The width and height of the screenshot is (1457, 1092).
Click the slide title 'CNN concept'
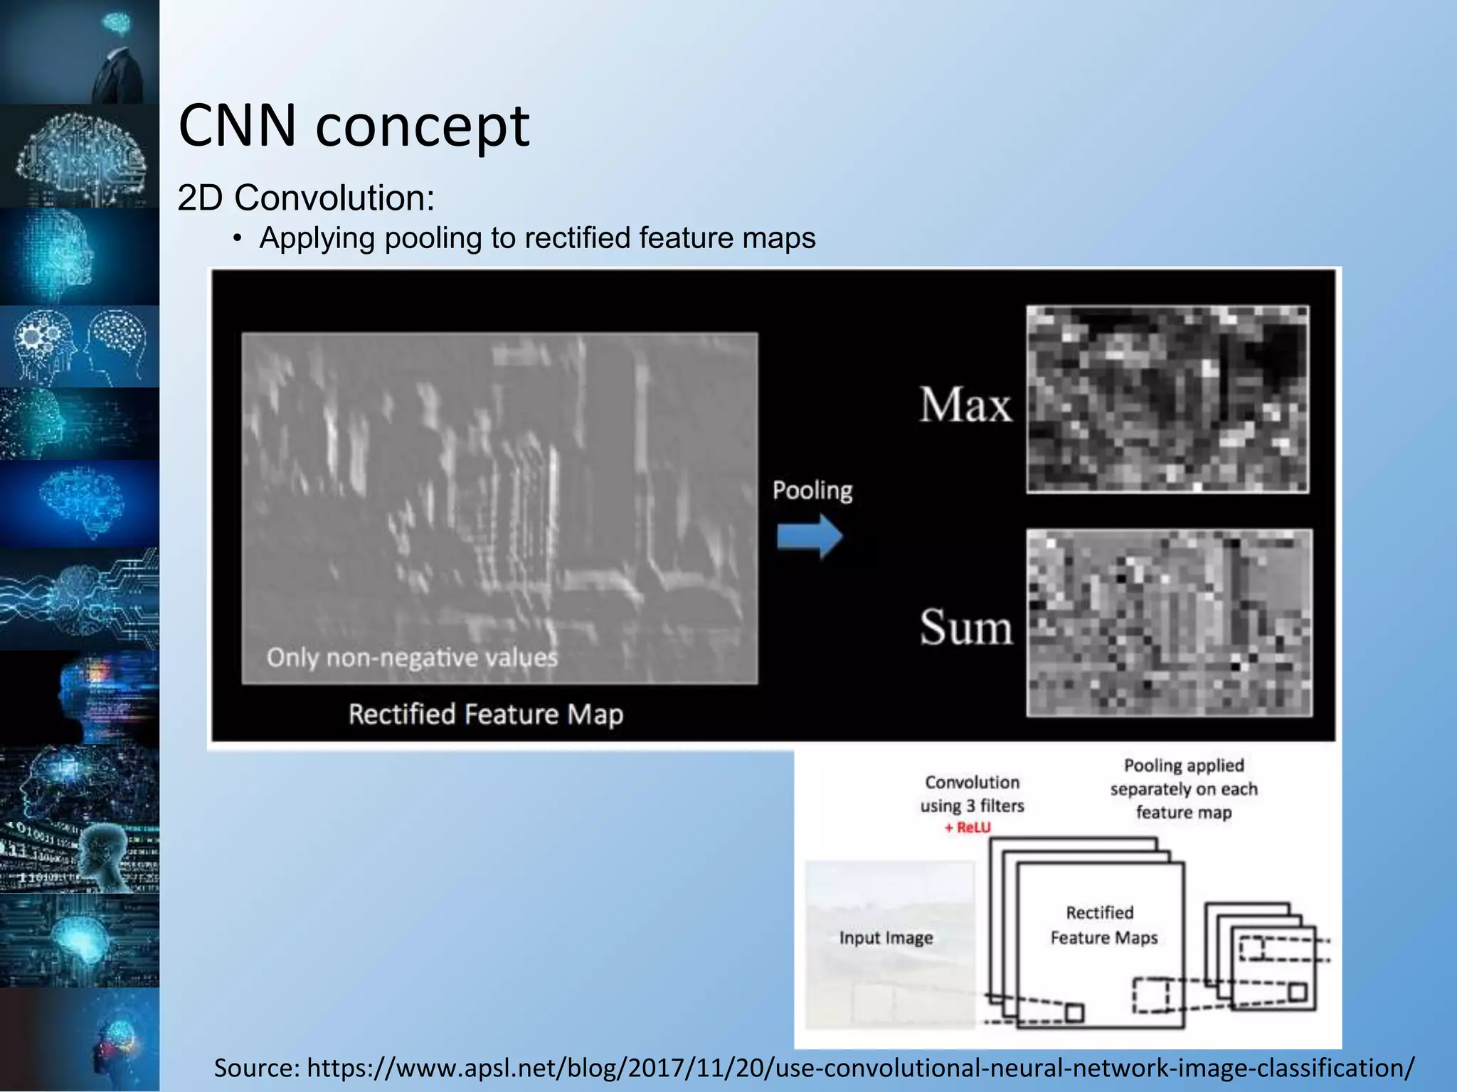point(354,127)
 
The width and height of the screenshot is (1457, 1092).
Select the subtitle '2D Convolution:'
point(306,198)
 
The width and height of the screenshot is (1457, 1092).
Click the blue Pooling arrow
point(810,536)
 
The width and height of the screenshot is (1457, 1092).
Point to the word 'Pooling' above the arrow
point(812,490)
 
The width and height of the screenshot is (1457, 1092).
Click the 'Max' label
point(965,405)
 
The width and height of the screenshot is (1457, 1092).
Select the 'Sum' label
point(965,628)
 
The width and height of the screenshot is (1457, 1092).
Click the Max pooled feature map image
point(1167,399)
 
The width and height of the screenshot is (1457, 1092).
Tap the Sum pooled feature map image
point(1169,622)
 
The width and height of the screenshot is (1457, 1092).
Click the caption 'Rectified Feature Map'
point(485,714)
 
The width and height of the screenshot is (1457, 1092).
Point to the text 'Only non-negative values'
point(412,658)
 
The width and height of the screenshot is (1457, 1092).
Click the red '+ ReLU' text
point(968,828)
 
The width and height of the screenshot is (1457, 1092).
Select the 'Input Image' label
point(886,938)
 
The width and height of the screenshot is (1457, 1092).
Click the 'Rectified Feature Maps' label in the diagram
point(1103,925)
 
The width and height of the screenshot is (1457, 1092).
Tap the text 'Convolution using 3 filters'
point(972,794)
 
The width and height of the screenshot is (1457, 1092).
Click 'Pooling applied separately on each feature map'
point(1184,788)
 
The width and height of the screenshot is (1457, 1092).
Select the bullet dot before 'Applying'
point(238,239)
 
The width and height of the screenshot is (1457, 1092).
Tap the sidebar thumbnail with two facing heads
point(80,346)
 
